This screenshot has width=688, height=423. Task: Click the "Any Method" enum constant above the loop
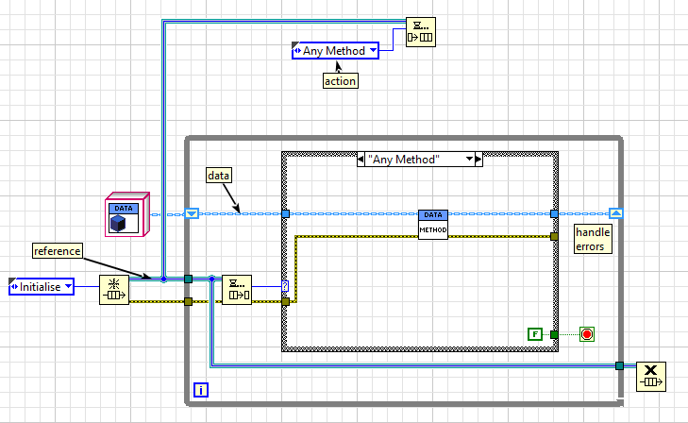tap(335, 51)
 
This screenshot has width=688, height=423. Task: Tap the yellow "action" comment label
tap(340, 80)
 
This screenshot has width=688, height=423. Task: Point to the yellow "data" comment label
tap(220, 176)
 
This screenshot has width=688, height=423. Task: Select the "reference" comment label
tap(58, 250)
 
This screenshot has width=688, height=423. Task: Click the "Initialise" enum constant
tap(42, 286)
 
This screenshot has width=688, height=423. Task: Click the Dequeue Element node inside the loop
tap(236, 290)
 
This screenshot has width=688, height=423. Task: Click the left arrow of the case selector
tap(361, 160)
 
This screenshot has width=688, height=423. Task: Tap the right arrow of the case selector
tap(478, 160)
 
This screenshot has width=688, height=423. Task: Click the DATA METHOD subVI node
tap(432, 225)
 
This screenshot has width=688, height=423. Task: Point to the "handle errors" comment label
tap(594, 239)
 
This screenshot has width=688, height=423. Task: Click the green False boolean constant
tap(534, 333)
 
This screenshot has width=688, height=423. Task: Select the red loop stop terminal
tap(586, 333)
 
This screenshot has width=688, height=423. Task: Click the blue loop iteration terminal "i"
tap(201, 389)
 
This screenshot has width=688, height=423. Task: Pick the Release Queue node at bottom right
tap(650, 375)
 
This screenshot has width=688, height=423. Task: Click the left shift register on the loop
tap(191, 214)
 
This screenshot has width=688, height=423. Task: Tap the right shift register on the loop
tap(615, 213)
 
